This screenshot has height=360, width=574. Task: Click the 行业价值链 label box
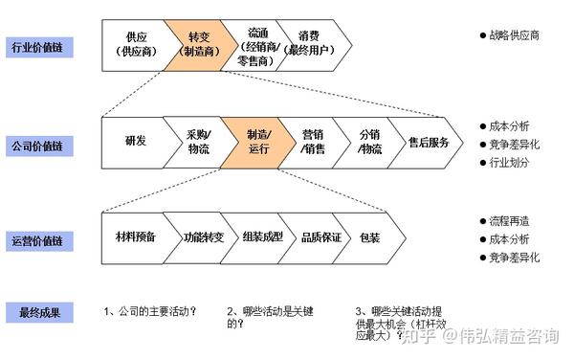point(34,44)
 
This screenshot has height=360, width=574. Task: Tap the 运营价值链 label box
point(34,236)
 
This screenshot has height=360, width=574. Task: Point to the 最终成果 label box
point(34,311)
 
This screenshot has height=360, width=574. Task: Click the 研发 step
point(135,142)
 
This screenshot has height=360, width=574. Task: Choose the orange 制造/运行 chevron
point(256,142)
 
